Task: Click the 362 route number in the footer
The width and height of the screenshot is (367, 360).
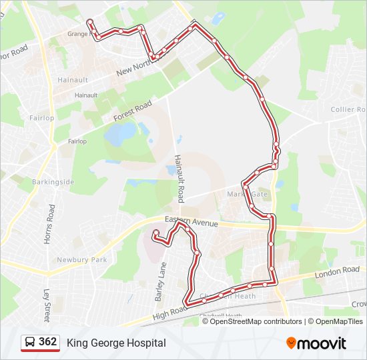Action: (x=47, y=342)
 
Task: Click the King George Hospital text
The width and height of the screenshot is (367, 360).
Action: (x=116, y=343)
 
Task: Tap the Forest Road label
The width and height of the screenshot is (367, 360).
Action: (x=133, y=111)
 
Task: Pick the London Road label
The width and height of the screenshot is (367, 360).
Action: (x=337, y=271)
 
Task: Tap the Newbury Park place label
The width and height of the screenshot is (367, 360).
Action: (x=81, y=259)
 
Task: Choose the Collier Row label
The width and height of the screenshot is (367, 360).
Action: (x=348, y=109)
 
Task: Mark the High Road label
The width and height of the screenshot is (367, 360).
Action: (x=169, y=311)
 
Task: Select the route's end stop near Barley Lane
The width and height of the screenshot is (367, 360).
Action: (x=155, y=233)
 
